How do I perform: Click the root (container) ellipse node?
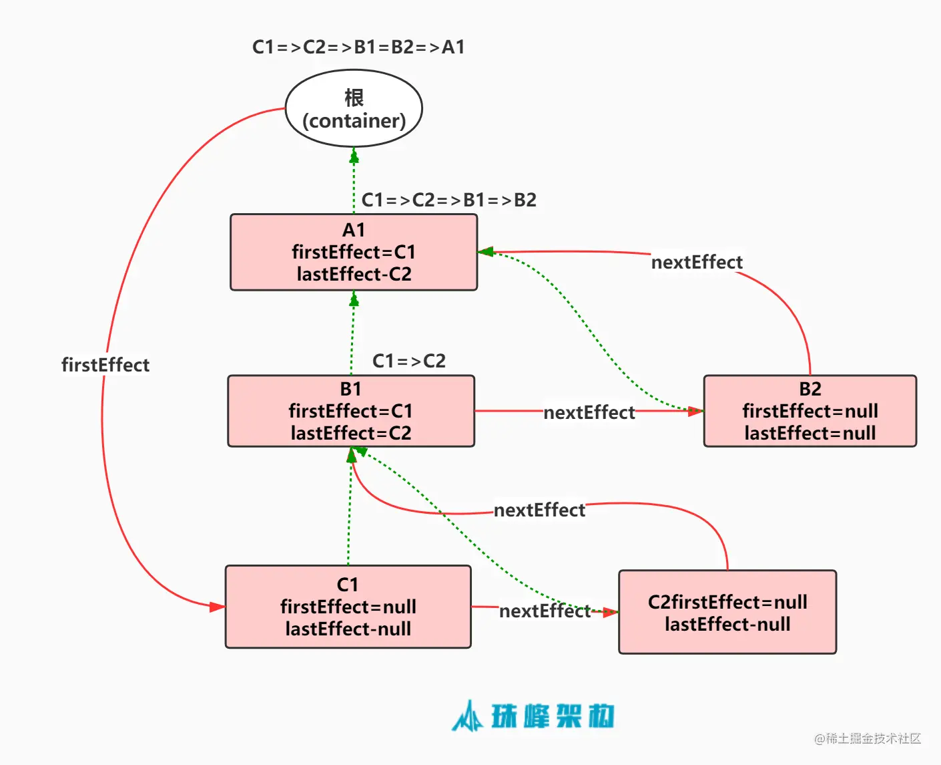tap(354, 108)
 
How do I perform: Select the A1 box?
tap(354, 252)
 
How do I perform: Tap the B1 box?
tap(351, 411)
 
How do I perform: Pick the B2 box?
tap(810, 411)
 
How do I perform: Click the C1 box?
tap(348, 607)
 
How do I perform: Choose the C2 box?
tap(727, 612)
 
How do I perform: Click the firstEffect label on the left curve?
tap(105, 365)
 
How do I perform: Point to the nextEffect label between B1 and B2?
tap(589, 413)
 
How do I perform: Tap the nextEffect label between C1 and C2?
tap(545, 611)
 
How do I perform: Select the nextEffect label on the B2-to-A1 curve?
tap(697, 262)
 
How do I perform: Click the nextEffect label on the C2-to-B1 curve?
tap(539, 510)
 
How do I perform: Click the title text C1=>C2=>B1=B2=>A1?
tap(358, 47)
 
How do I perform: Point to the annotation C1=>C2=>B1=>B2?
tap(448, 200)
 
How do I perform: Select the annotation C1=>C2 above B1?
tap(408, 361)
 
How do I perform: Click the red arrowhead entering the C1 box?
tap(218, 607)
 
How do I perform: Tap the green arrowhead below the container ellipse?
tap(354, 156)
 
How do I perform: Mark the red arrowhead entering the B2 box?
tap(695, 411)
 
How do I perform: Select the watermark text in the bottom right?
tap(868, 738)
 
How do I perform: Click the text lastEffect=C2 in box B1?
tap(351, 433)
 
